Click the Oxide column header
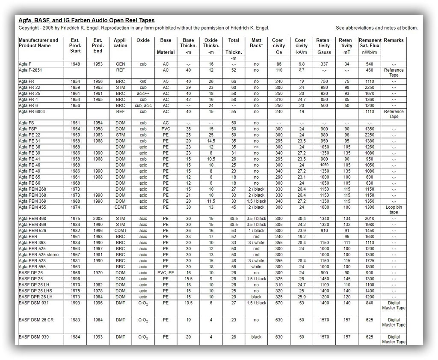143,40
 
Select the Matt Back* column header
256,43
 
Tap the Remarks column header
394,40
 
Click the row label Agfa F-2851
30,70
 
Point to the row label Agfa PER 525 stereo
39,255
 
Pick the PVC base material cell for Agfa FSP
166,129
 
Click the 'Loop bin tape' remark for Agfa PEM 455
394,210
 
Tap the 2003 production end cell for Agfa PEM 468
98,219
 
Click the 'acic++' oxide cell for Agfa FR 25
143,93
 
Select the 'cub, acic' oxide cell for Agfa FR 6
143,105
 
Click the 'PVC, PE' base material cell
166,273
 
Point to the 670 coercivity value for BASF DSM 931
279,303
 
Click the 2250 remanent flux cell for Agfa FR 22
370,87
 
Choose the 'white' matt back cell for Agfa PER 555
256,267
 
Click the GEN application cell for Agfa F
121,64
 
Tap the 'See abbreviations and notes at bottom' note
376,28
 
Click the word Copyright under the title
30,28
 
